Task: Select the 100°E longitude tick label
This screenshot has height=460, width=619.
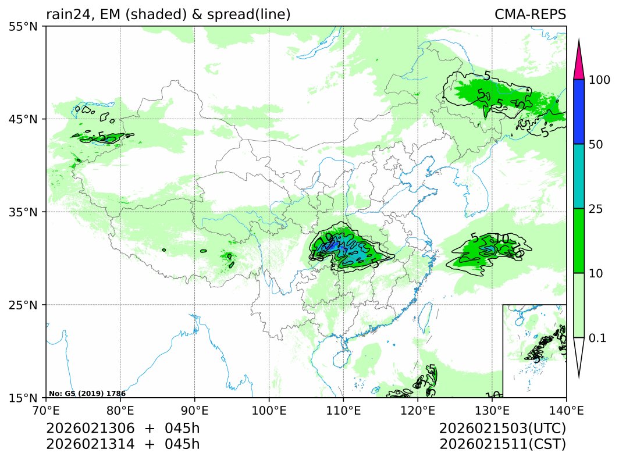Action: [x=269, y=410]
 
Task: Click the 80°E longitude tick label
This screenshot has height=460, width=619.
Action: [x=120, y=410]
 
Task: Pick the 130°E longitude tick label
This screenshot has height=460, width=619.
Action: [x=492, y=410]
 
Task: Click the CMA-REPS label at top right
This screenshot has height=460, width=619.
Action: [x=530, y=14]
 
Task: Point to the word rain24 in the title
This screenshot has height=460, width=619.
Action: [x=65, y=14]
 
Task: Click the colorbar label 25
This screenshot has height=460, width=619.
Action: [x=596, y=209]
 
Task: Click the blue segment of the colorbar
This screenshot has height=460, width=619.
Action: [x=578, y=112]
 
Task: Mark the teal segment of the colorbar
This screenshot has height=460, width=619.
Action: [x=578, y=176]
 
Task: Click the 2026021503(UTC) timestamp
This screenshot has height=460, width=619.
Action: [x=503, y=429]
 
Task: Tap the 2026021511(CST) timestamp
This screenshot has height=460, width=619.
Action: [x=503, y=444]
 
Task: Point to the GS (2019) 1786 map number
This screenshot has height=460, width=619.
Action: [x=87, y=394]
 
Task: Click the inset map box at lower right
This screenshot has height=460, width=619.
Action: [x=534, y=351]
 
